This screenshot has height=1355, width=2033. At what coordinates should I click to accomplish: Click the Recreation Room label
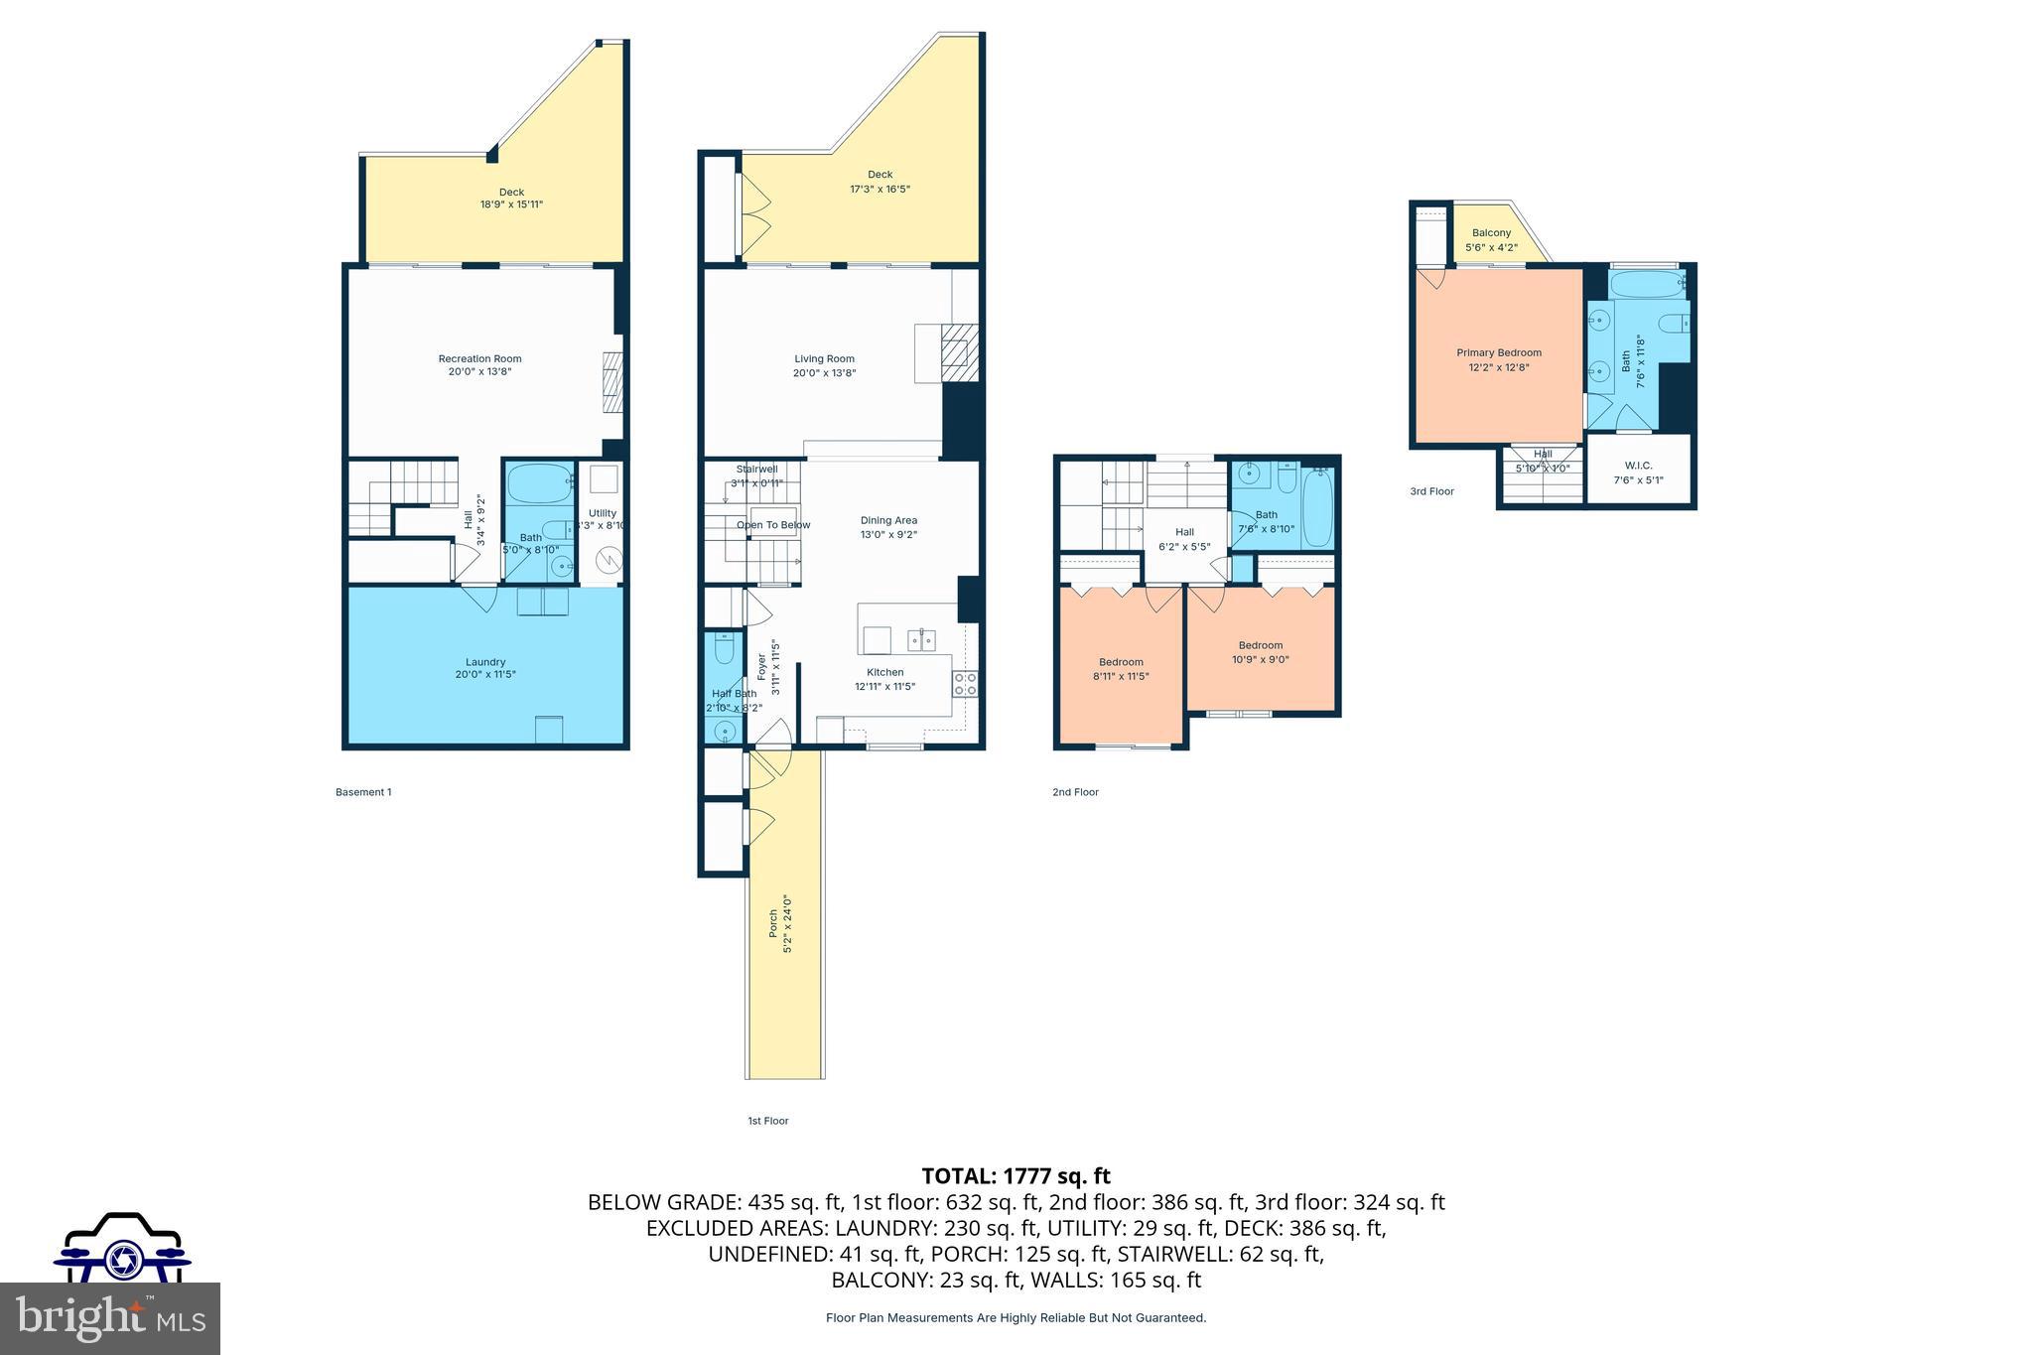click(479, 359)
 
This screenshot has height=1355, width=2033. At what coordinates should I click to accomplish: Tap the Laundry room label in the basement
click(485, 662)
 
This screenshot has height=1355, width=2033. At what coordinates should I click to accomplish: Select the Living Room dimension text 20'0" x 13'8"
click(824, 373)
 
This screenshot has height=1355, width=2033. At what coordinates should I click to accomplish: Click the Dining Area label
click(888, 520)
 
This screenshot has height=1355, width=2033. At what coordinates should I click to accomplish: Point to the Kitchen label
click(884, 672)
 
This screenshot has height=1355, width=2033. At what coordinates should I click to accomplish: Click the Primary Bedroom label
click(1499, 352)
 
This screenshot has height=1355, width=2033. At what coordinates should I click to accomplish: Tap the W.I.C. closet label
click(1638, 466)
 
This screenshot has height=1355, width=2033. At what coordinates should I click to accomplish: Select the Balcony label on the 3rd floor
click(1491, 233)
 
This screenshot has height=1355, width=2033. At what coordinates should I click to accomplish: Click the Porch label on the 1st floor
click(774, 924)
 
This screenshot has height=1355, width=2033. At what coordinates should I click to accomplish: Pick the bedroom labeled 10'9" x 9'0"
click(1261, 651)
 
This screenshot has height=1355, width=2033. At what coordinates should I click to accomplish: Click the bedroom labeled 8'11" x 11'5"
click(1121, 668)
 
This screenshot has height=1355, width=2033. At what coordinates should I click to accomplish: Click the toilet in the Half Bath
click(724, 650)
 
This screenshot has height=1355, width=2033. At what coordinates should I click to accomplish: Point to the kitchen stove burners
click(965, 683)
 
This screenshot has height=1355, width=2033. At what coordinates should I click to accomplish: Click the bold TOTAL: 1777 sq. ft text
click(1016, 1176)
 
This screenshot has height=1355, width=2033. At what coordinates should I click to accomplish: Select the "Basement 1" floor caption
click(363, 792)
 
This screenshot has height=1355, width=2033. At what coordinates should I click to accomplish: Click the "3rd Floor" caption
click(1431, 491)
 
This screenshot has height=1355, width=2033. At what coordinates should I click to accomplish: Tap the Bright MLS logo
click(110, 1317)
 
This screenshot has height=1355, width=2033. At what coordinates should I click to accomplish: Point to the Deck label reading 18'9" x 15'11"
click(511, 199)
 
